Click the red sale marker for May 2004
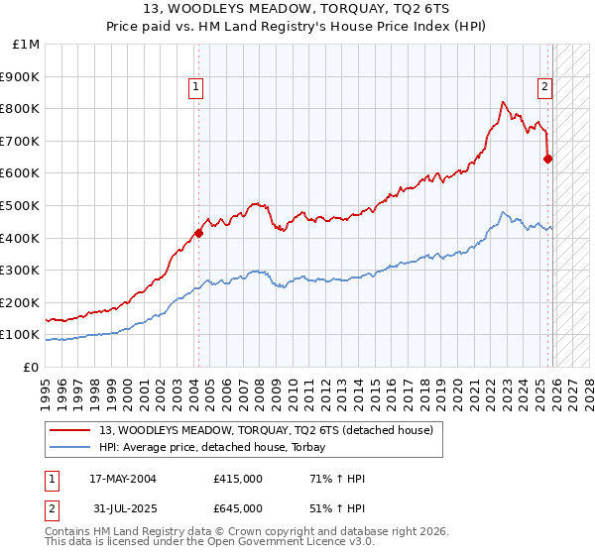198,233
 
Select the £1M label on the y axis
28,45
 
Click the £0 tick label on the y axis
32,367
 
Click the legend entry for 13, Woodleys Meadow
266,430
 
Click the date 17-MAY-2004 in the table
128,479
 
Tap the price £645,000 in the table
237,508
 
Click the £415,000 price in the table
237,479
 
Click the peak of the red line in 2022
504,101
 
